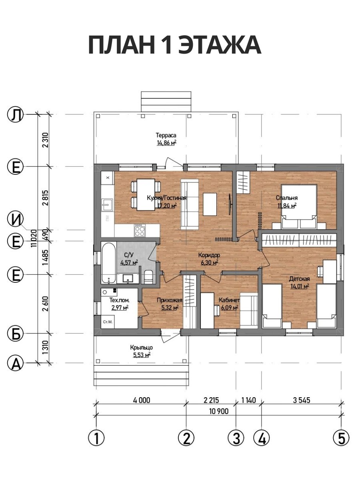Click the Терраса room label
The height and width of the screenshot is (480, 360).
point(166,135)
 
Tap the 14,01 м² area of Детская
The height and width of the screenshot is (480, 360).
point(300,286)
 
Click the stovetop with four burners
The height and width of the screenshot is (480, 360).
point(140,230)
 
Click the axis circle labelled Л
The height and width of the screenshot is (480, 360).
point(15,114)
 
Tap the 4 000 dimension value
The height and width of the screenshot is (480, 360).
point(142,400)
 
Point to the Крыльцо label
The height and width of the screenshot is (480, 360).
point(142,348)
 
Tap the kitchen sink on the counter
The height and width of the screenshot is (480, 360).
point(107,205)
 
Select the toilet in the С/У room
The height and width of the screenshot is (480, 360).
point(149,277)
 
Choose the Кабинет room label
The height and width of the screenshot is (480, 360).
point(229,300)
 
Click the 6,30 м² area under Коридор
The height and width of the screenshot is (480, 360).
point(209,262)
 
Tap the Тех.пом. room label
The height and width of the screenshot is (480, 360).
point(119,300)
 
